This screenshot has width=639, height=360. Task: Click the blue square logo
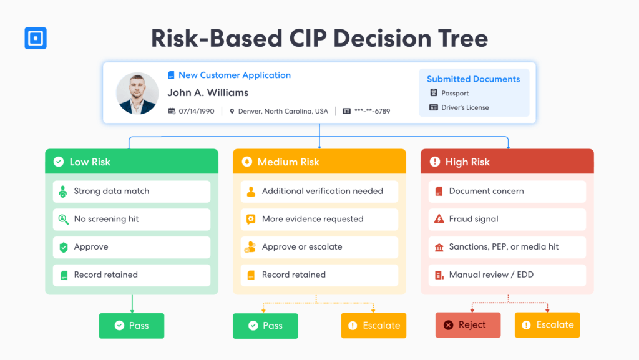click(x=36, y=38)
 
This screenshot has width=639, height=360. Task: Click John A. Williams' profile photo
click(x=137, y=93)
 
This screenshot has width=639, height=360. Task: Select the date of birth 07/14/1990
click(x=197, y=111)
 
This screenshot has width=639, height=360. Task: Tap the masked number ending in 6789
click(x=372, y=111)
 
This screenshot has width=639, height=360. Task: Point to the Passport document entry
click(x=449, y=93)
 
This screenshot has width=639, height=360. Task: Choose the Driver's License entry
click(x=459, y=107)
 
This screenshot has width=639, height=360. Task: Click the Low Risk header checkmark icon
click(x=59, y=162)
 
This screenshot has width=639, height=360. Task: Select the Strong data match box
click(x=132, y=192)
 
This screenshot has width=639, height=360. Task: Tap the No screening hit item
click(x=132, y=219)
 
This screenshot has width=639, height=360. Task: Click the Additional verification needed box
click(x=319, y=192)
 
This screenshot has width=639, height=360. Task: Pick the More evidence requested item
click(x=319, y=219)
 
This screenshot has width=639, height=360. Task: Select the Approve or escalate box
click(x=319, y=247)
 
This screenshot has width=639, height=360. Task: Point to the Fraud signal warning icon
click(x=439, y=219)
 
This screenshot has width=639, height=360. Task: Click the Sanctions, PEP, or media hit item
click(x=507, y=247)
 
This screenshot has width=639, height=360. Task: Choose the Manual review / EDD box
click(x=507, y=275)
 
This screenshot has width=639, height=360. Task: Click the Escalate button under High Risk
click(x=547, y=325)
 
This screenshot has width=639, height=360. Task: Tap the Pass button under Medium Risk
click(x=265, y=326)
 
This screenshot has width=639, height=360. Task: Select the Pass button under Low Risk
click(x=132, y=326)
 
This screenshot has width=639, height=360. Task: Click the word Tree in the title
click(x=463, y=39)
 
